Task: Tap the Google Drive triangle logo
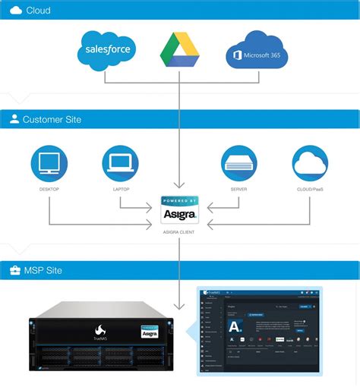click(x=179, y=51)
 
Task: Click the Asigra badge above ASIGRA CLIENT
click(x=179, y=210)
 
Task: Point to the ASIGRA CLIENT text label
click(x=179, y=232)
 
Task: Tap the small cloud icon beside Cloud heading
click(x=14, y=11)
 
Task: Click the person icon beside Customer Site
click(x=14, y=120)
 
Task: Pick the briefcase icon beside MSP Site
click(x=14, y=270)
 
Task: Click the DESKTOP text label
click(x=49, y=190)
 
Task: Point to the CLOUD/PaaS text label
click(x=310, y=190)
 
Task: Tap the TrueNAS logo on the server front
click(x=100, y=332)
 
